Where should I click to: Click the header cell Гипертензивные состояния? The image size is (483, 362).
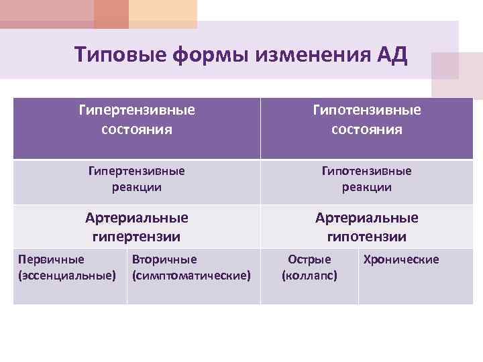pos(137,119)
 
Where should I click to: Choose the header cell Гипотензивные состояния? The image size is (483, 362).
pos(366,119)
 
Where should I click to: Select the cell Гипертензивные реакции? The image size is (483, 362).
pos(137,179)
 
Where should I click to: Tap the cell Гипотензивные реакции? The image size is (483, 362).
pos(366,179)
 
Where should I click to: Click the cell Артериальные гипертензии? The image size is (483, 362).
pos(137,227)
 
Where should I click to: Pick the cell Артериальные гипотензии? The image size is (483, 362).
pos(366,227)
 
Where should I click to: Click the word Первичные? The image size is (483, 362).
pos(51,259)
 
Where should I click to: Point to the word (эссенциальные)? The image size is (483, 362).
pos(67,276)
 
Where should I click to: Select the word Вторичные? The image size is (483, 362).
pos(164,259)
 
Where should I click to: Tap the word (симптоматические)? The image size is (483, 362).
pos(192,276)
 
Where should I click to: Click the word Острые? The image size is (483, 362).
pos(309,259)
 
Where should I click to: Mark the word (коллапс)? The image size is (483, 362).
pos(309,276)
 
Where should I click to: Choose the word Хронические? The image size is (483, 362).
pos(400,259)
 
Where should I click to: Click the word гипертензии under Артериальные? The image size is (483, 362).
pos(137,236)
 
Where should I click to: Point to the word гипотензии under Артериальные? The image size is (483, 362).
pos(366,236)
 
